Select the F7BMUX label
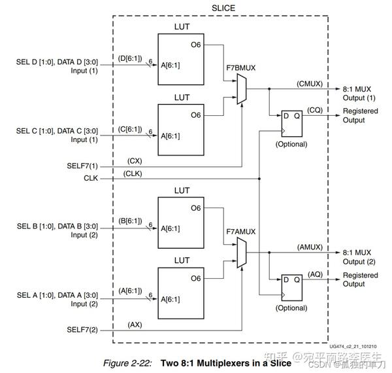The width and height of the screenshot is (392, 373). [240, 67]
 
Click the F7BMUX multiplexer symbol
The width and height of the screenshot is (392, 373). [240, 88]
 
